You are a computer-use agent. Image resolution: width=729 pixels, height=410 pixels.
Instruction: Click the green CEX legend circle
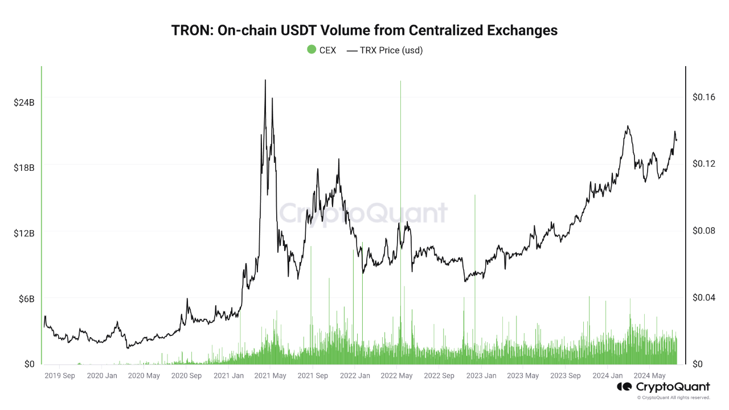(x=312, y=50)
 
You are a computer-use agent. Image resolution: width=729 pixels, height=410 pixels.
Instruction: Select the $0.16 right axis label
(x=704, y=97)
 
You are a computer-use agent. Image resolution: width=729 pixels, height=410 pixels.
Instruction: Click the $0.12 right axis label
(x=704, y=164)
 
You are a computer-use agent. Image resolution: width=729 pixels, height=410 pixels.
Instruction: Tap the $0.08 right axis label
(x=704, y=231)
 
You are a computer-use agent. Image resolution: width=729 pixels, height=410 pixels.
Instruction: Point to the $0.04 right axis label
(x=704, y=297)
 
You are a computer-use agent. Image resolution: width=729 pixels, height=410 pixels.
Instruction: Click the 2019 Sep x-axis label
(x=60, y=376)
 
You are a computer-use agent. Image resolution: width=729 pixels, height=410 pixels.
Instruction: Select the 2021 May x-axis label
(x=270, y=376)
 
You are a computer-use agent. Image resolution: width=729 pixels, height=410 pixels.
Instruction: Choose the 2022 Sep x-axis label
(x=439, y=376)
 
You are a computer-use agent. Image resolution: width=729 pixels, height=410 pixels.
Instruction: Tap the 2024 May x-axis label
(x=650, y=376)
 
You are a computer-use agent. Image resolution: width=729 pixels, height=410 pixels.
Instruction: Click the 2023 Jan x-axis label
(x=481, y=376)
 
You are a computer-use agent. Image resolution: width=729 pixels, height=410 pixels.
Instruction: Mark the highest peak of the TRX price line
(x=265, y=80)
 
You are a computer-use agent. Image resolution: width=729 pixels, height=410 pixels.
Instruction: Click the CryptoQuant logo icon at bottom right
(x=624, y=387)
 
